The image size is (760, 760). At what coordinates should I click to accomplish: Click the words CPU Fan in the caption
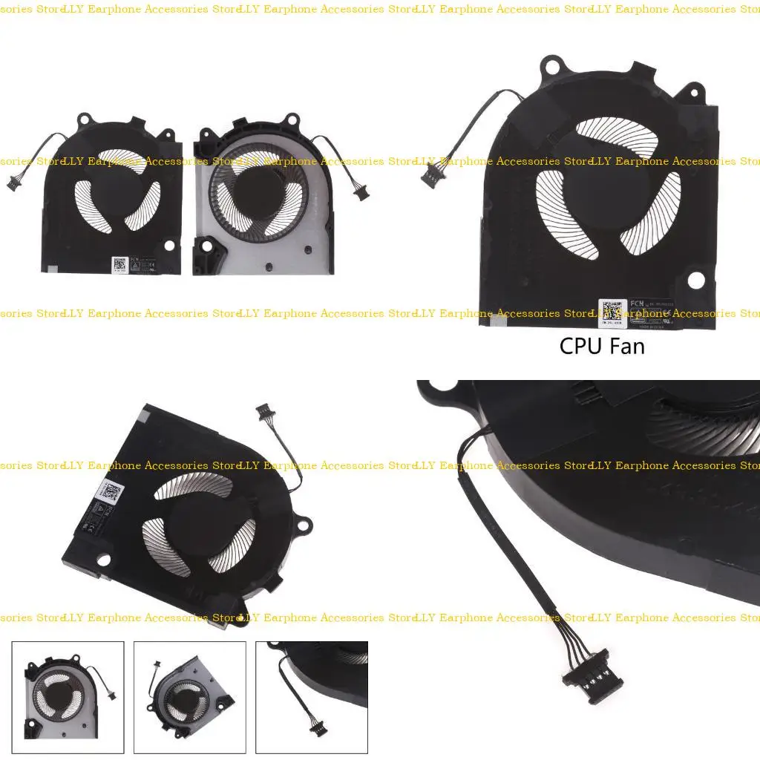click(x=601, y=345)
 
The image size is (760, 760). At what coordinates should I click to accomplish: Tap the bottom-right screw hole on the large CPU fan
click(x=695, y=281)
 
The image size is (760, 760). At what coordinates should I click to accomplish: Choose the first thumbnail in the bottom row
click(x=68, y=697)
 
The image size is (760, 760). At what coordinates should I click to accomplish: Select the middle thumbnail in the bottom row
click(x=189, y=697)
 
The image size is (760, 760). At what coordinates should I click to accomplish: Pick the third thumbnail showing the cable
click(x=311, y=697)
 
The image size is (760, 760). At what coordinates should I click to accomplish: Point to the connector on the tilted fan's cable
click(x=263, y=410)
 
